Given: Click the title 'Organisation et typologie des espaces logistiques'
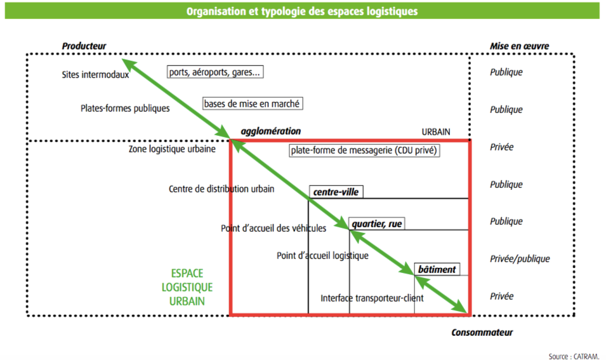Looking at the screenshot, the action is point(302,11).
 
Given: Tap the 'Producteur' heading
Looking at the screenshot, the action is point(84,46).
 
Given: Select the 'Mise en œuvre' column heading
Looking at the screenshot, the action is point(519,46).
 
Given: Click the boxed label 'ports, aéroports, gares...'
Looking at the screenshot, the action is point(215,72).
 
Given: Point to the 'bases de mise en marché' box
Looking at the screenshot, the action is point(252,103).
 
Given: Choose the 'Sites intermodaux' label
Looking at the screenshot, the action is point(95,74).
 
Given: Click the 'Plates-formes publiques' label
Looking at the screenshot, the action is point(125,109).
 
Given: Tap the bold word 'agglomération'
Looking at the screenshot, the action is point(270,131).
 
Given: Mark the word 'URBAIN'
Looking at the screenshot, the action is point(436,132).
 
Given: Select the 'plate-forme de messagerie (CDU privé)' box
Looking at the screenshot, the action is point(365,150).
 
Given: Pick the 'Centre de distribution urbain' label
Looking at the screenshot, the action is point(221,189).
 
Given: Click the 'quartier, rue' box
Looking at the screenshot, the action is point(377,223).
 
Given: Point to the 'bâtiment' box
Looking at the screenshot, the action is point(437,269).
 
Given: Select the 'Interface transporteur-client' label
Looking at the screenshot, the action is point(372,298).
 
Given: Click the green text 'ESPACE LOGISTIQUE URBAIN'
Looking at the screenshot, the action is point(187,287).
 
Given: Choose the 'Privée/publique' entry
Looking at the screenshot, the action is point(520,258).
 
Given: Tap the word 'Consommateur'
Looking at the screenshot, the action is point(482,333).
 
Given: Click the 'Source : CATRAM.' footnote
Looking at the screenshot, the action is point(574,356).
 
